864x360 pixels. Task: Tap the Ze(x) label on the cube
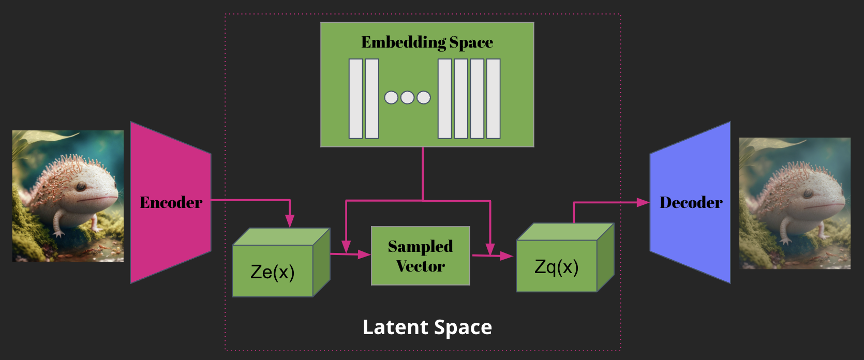click(x=272, y=272)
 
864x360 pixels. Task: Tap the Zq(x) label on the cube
click(x=556, y=267)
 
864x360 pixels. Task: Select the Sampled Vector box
click(x=420, y=256)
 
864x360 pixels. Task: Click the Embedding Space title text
click(x=427, y=42)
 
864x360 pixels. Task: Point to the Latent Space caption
click(x=427, y=327)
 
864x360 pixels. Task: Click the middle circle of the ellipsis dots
click(x=407, y=97)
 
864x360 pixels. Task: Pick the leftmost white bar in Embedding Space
click(x=355, y=99)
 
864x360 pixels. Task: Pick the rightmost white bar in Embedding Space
click(x=493, y=99)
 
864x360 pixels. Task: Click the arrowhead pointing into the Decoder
click(x=643, y=202)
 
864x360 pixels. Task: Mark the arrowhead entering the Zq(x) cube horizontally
click(x=507, y=256)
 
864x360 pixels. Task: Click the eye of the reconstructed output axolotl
click(x=808, y=193)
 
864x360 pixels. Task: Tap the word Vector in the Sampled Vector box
click(x=420, y=266)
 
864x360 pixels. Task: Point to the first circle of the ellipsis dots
click(x=391, y=97)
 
